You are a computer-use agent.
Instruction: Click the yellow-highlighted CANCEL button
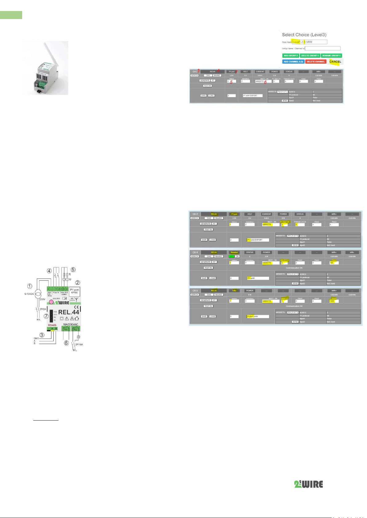click(x=335, y=61)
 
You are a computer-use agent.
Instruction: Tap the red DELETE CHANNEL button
click(x=316, y=61)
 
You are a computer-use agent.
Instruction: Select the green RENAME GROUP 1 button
click(x=331, y=56)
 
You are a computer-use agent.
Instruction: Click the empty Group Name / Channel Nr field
click(x=322, y=48)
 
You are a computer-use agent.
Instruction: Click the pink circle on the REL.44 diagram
click(x=51, y=302)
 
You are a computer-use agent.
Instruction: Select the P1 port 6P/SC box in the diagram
click(x=75, y=291)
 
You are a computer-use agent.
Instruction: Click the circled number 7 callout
click(x=46, y=316)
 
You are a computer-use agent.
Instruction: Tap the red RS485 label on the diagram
click(x=52, y=325)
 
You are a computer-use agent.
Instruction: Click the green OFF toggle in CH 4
click(x=232, y=256)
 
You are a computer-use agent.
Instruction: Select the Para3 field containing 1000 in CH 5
click(x=333, y=301)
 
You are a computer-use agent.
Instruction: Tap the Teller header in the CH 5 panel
click(x=234, y=291)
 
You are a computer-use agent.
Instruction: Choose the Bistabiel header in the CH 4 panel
click(x=234, y=252)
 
